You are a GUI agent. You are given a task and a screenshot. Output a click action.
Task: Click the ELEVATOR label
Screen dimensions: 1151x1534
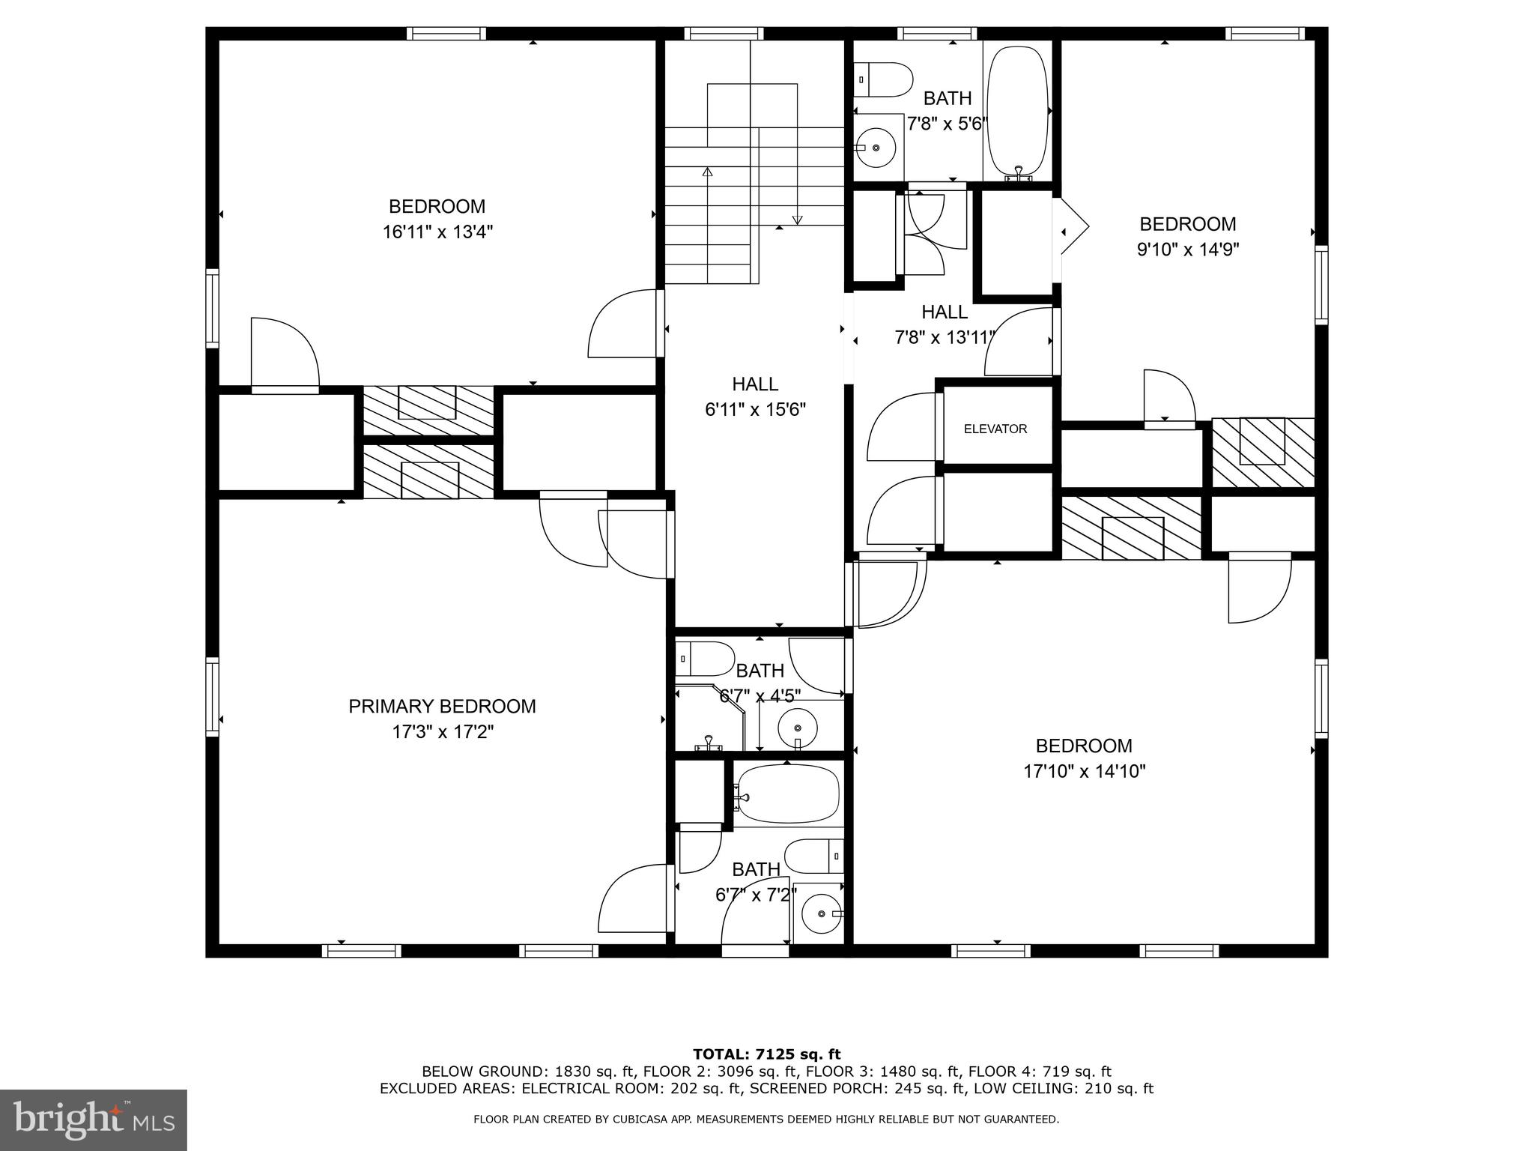coord(995,429)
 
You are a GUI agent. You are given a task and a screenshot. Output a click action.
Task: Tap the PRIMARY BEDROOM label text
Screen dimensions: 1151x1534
coord(442,706)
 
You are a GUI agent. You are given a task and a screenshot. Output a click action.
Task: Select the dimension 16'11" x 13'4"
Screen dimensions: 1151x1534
coord(437,232)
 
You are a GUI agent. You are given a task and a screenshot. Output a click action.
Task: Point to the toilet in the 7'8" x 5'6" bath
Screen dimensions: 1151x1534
coord(884,80)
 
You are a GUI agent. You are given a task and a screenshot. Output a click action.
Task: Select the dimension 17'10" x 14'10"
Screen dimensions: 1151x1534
coord(1084,771)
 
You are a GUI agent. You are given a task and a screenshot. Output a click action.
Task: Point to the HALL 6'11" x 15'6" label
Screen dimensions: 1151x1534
coord(755,396)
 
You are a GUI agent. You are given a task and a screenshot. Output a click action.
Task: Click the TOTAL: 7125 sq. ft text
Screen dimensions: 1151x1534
coord(766,1054)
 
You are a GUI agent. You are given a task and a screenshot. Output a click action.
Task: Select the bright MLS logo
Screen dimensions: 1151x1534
coord(94,1120)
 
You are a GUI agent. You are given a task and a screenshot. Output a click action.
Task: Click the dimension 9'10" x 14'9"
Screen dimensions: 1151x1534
coord(1188,250)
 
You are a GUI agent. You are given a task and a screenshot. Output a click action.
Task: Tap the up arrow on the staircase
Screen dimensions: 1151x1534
coord(706,174)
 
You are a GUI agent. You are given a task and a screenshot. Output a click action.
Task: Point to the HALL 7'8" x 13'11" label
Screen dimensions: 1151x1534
coord(945,324)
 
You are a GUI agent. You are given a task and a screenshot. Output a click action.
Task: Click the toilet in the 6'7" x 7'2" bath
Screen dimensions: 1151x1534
coord(814,856)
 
